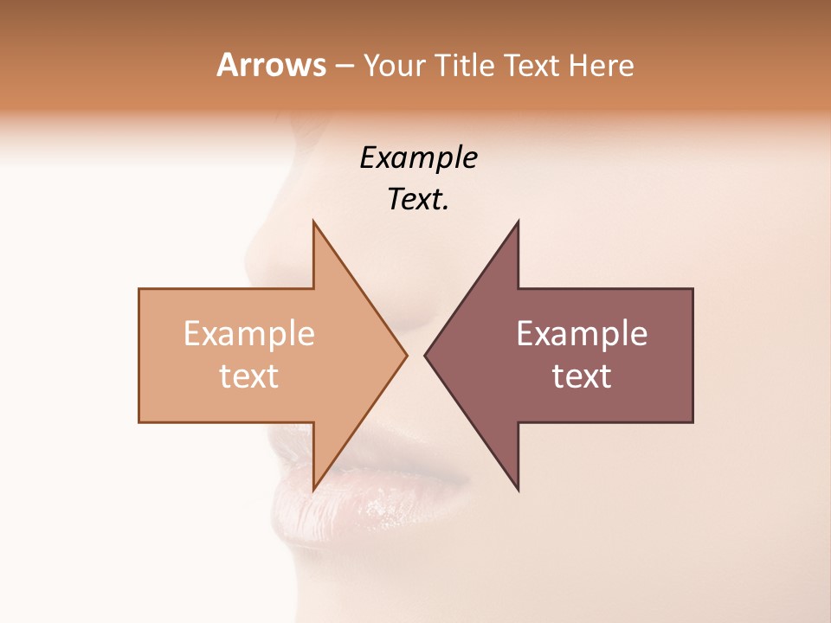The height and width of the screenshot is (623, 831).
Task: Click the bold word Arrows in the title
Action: tap(271, 65)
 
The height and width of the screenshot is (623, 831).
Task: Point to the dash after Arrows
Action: tap(344, 66)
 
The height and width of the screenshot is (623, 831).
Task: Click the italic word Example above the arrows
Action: tap(418, 157)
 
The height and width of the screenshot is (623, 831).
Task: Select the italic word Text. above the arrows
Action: tap(418, 200)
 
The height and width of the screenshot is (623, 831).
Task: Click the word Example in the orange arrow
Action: tap(249, 334)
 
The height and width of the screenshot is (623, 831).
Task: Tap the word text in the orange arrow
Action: tap(249, 376)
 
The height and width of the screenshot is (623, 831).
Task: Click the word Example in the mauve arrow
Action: tap(582, 334)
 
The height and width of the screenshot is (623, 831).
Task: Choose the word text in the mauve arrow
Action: tap(582, 376)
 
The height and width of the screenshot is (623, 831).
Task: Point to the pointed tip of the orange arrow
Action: tap(405, 355)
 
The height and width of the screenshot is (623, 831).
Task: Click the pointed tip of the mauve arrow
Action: tap(427, 355)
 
